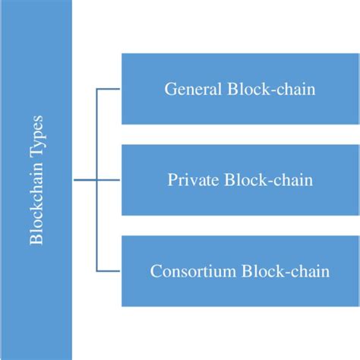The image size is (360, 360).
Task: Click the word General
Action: [191, 90]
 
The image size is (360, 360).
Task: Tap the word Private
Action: [191, 181]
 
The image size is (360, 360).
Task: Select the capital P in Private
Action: [172, 181]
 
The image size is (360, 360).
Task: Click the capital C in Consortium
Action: [156, 271]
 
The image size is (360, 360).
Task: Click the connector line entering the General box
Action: [109, 90]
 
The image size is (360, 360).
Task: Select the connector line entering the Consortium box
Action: [109, 271]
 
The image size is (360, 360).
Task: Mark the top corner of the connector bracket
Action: [97, 90]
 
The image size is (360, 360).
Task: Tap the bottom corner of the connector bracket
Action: [97, 271]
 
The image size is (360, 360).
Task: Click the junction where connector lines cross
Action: [97, 181]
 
